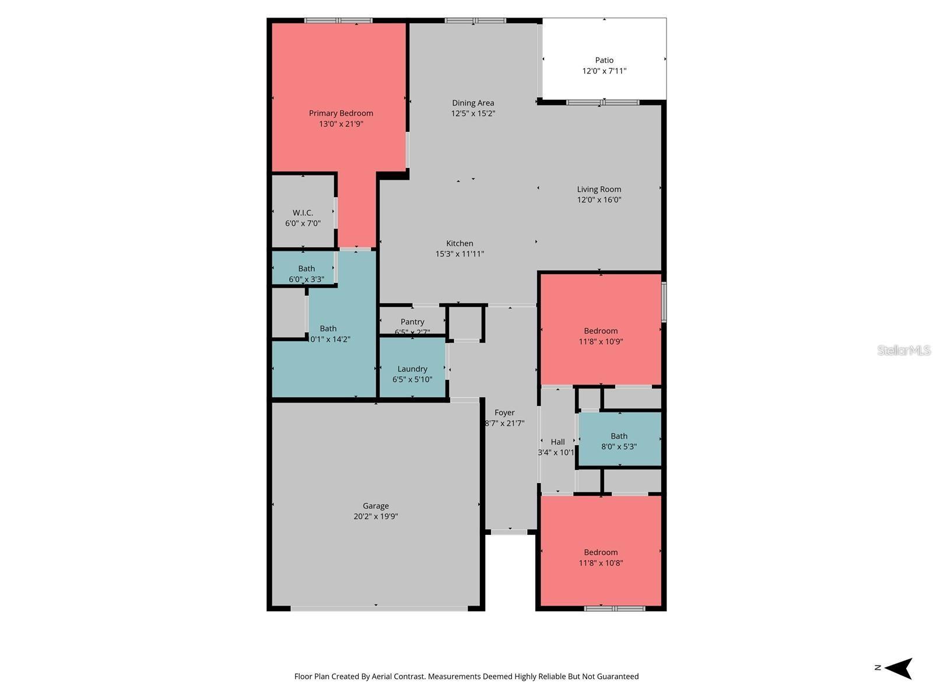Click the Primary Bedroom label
pos(341,113)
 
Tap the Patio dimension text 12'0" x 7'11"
pos(604,71)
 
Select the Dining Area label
pos(473,103)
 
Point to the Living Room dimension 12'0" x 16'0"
pos(599,200)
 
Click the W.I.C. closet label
pos(303,213)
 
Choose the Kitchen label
pos(460,243)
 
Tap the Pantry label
pos(412,322)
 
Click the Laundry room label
pos(412,369)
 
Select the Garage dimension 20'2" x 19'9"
pos(376,517)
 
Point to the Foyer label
pos(504,412)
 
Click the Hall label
pos(557,442)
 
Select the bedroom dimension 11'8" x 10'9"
pos(601,342)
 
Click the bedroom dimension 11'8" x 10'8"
pos(601,563)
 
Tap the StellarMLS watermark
pos(903,350)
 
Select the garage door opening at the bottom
pos(379,608)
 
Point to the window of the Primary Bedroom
pos(338,20)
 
